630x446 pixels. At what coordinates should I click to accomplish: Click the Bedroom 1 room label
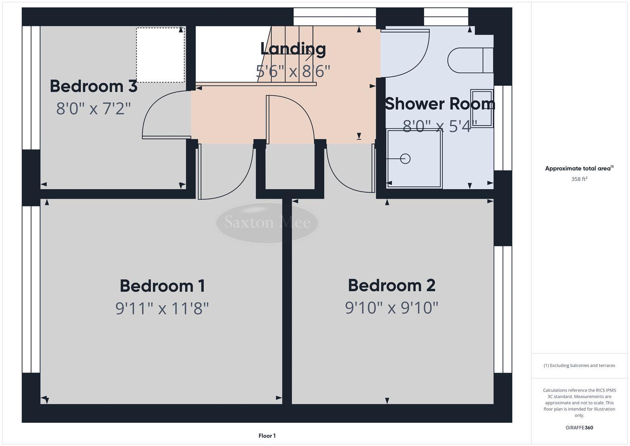[x=162, y=286]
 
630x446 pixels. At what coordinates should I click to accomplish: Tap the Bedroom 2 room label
[x=392, y=285]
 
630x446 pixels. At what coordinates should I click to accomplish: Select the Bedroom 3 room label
[x=94, y=86]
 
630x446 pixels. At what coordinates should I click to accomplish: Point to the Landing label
[x=293, y=49]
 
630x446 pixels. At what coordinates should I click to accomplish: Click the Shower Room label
[x=440, y=104]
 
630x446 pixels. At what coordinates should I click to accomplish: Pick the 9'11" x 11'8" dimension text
[x=162, y=308]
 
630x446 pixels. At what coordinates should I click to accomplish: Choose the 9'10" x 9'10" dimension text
[x=392, y=308]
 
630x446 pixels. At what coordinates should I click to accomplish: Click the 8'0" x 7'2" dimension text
[x=94, y=109]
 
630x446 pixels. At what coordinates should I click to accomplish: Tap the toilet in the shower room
[x=470, y=60]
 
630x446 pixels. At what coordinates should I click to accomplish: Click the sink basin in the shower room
[x=482, y=108]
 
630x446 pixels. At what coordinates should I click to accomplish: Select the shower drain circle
[x=405, y=159]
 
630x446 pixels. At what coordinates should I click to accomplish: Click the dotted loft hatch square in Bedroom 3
[x=160, y=55]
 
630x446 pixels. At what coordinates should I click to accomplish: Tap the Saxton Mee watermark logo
[x=267, y=223]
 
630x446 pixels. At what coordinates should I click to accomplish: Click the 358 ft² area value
[x=579, y=179]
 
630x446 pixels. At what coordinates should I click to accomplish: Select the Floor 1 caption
[x=267, y=436]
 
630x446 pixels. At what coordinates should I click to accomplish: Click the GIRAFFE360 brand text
[x=579, y=428]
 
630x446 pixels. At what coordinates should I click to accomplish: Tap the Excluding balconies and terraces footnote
[x=579, y=365]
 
